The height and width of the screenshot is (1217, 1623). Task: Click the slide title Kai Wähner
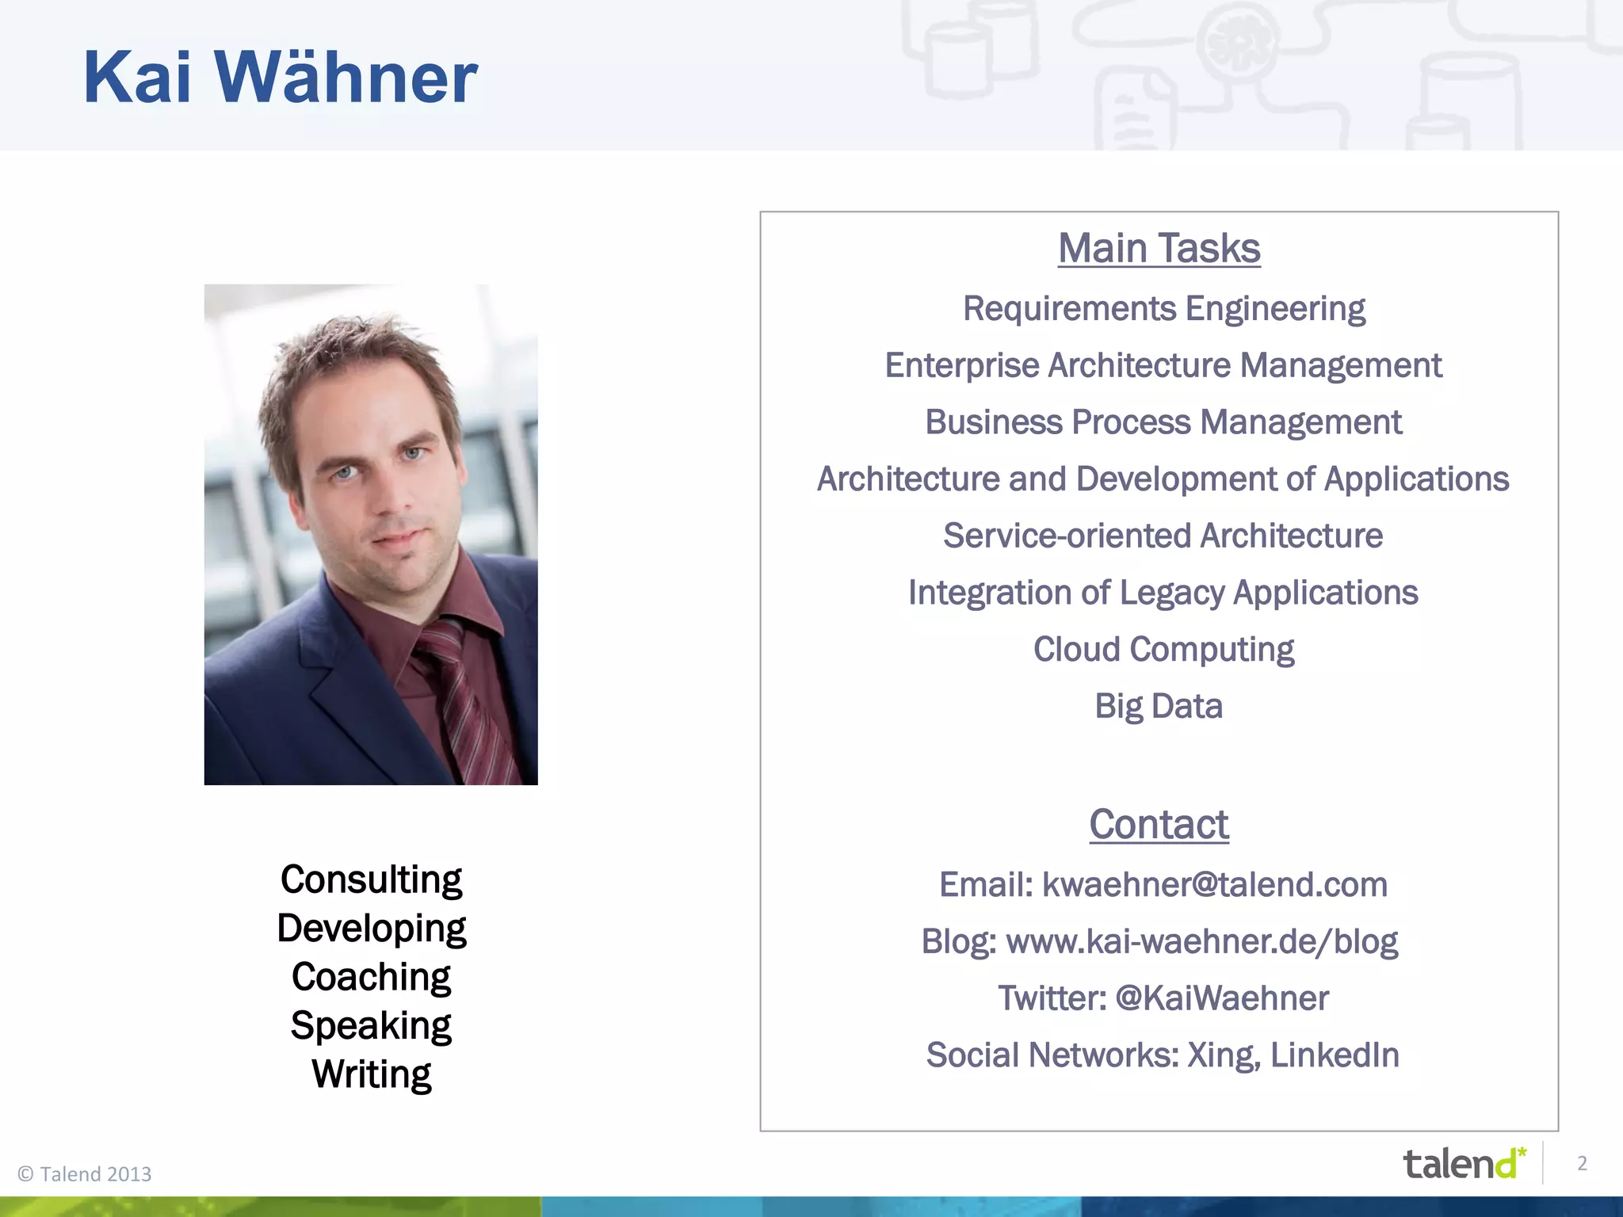click(280, 78)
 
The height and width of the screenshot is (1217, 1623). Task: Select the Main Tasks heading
click(1159, 248)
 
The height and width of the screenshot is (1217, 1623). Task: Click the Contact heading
click(1159, 824)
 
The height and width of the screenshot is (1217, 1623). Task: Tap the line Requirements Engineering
click(1163, 308)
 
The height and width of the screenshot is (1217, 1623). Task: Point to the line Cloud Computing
click(1163, 650)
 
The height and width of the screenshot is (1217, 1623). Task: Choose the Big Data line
click(1159, 706)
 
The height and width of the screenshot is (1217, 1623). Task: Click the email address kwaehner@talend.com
click(1214, 884)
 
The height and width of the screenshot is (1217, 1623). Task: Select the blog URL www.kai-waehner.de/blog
click(1201, 941)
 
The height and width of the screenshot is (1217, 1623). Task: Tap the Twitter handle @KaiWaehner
click(1221, 998)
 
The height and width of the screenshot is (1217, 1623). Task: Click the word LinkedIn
click(1335, 1055)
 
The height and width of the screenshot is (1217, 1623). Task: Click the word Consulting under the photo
click(371, 879)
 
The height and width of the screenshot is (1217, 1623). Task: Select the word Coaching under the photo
click(371, 977)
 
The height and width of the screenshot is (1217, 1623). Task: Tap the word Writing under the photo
click(371, 1074)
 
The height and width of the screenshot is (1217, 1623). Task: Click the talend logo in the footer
click(1463, 1164)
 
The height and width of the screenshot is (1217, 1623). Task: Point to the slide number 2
click(1582, 1163)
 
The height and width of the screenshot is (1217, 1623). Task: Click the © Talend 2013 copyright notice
click(85, 1173)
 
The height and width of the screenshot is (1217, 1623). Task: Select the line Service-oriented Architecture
click(1163, 536)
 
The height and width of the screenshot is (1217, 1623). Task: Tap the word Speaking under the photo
click(371, 1025)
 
